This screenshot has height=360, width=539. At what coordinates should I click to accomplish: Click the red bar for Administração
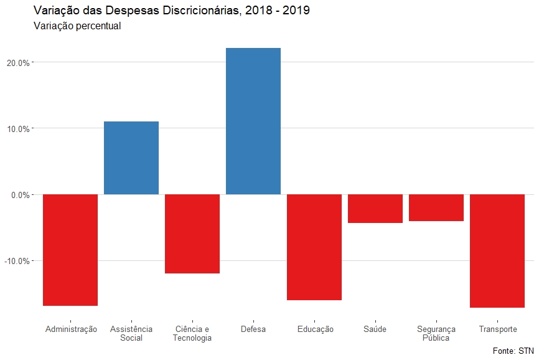[70, 250]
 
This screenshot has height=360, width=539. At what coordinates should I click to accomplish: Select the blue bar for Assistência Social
[131, 158]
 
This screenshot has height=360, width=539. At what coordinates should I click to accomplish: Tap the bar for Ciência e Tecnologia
[192, 234]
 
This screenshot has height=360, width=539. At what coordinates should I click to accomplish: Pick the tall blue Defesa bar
[253, 121]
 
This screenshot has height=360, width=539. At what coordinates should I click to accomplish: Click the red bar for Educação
[314, 247]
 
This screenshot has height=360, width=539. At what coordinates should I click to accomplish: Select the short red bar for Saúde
[375, 209]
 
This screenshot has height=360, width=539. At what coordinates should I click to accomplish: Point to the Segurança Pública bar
[436, 208]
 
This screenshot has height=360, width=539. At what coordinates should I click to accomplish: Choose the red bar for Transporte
[497, 251]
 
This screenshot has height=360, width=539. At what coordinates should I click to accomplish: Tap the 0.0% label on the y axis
[20, 195]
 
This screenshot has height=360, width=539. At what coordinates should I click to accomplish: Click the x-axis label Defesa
[253, 329]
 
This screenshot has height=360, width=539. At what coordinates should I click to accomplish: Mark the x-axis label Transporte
[497, 329]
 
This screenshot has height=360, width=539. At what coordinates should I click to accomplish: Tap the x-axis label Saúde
[375, 329]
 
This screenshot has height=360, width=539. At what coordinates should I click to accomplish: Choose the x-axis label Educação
[315, 329]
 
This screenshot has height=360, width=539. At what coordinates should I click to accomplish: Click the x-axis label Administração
[71, 329]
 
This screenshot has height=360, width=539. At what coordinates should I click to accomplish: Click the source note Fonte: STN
[513, 351]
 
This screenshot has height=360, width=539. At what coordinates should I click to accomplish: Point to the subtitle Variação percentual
[77, 27]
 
